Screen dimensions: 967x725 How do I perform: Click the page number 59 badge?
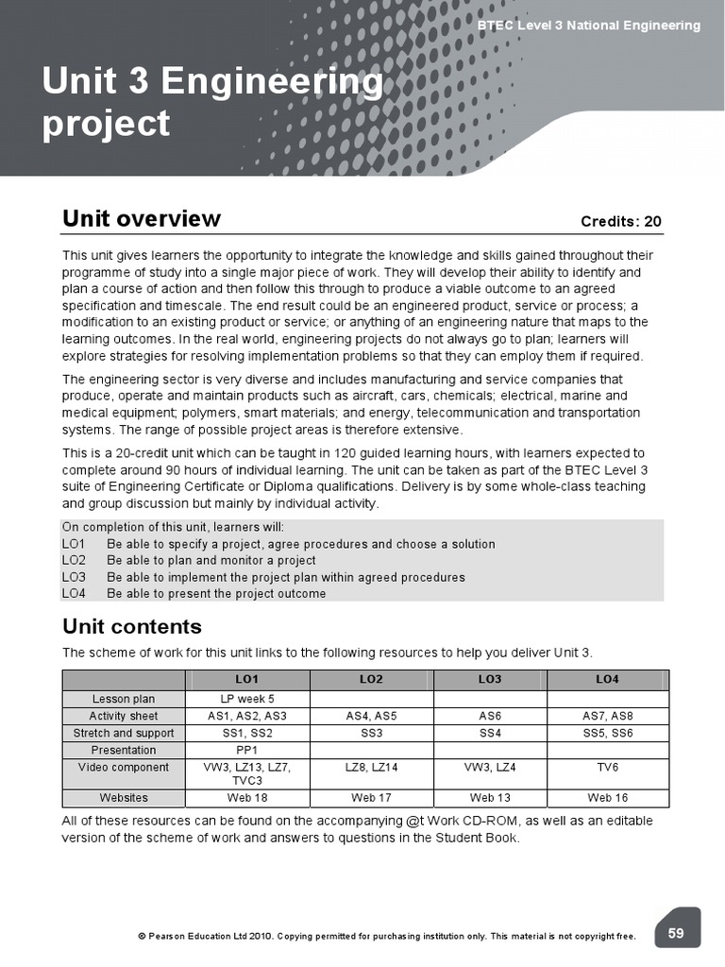pos(676,933)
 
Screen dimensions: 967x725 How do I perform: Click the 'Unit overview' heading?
pos(141,219)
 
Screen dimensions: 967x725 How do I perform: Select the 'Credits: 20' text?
pos(621,222)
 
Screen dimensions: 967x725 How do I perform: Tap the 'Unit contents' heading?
pos(131,626)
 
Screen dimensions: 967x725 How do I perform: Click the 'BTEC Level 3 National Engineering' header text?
pos(589,25)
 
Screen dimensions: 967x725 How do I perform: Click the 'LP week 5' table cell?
pos(246,699)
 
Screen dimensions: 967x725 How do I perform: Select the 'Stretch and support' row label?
pos(124,733)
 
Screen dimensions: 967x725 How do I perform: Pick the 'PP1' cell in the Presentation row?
pos(246,750)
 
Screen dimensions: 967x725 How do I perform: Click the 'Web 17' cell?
pos(371,798)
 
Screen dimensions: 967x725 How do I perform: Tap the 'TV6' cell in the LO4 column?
pos(608,768)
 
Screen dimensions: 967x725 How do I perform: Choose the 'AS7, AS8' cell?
pos(608,716)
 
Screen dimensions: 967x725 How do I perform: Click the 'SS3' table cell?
pos(371,733)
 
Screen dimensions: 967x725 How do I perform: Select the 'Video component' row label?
pos(124,768)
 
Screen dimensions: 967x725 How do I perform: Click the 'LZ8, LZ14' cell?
pos(371,768)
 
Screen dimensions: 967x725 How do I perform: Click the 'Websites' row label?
pos(124,798)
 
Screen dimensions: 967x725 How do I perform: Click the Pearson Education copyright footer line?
pos(387,937)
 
